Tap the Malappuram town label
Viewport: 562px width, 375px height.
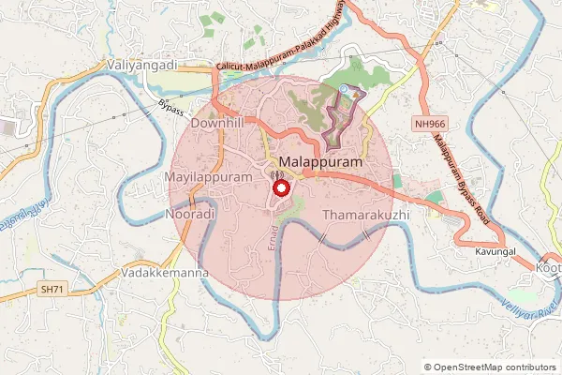pyautogui.click(x=321, y=161)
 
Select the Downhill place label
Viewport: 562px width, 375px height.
pyautogui.click(x=217, y=124)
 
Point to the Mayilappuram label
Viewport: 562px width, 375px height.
pyautogui.click(x=208, y=176)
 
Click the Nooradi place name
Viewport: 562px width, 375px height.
pyautogui.click(x=190, y=215)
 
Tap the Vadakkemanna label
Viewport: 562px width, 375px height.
pyautogui.click(x=164, y=273)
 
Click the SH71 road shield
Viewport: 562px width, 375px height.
pyautogui.click(x=51, y=287)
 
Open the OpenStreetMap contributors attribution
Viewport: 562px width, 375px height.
pyautogui.click(x=495, y=367)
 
